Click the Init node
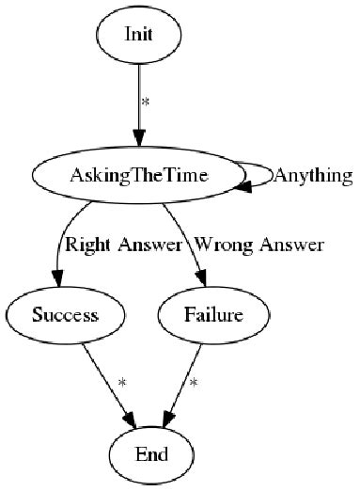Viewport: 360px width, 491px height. pyautogui.click(x=139, y=35)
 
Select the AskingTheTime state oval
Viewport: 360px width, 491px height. pyautogui.click(x=139, y=175)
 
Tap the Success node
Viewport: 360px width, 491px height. pyautogui.click(x=65, y=315)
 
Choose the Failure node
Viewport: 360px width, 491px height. pyautogui.click(x=202, y=315)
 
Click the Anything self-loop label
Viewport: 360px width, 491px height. pyautogui.click(x=312, y=175)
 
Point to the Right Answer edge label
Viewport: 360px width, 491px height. pyautogui.click(x=121, y=245)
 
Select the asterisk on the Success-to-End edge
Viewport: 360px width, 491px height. pyautogui.click(x=121, y=383)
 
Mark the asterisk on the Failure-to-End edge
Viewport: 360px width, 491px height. pyautogui.click(x=194, y=383)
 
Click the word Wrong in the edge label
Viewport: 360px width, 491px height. pyautogui.click(x=215, y=245)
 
